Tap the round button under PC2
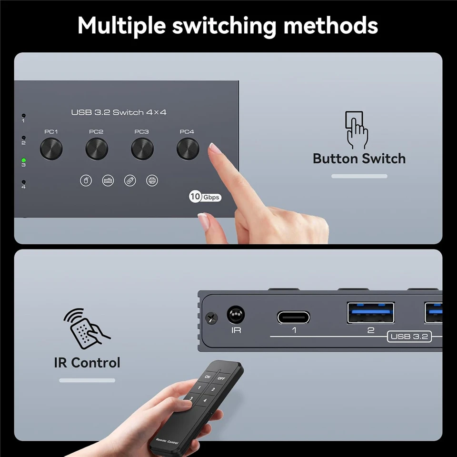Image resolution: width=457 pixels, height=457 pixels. (x=97, y=149)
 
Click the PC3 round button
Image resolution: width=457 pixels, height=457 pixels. (x=142, y=149)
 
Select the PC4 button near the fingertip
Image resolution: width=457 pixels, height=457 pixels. (x=188, y=149)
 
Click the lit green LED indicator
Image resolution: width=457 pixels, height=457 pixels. (x=23, y=160)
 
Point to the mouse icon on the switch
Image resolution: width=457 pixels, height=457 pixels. (x=86, y=180)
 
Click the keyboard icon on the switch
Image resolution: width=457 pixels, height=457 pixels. (x=108, y=180)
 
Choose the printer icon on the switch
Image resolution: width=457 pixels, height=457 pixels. (x=152, y=180)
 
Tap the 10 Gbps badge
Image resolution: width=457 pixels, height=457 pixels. (x=205, y=197)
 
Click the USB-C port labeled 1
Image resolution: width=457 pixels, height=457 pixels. (x=293, y=317)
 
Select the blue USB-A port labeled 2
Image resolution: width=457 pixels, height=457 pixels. (x=370, y=313)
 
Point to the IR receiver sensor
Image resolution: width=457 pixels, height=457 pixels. (x=236, y=315)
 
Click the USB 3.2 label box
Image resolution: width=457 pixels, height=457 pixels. (x=409, y=337)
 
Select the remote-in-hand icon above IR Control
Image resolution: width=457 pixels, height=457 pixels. (x=87, y=329)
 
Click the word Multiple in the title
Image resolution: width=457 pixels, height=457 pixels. (x=122, y=26)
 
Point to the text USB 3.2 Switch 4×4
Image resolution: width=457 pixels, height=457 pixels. (x=119, y=112)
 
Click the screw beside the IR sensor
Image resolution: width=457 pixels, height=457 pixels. (x=211, y=317)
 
